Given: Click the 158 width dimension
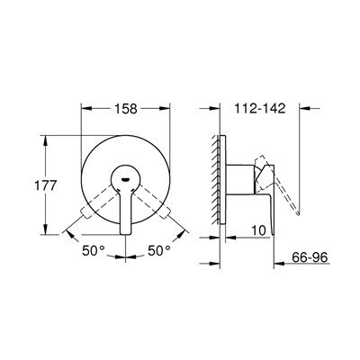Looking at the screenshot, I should [125, 109].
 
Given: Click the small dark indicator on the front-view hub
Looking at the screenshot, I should [124, 178].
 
